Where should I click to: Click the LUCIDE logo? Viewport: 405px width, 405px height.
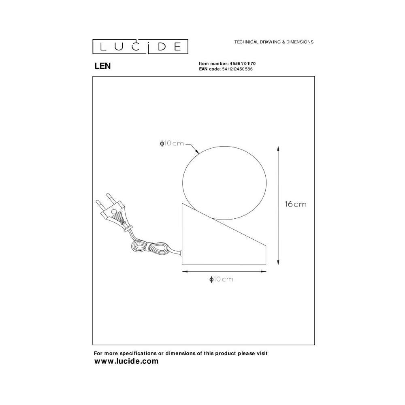click(140, 47)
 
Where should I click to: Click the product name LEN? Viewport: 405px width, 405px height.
click(102, 66)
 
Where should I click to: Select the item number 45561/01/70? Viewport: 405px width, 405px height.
click(243, 64)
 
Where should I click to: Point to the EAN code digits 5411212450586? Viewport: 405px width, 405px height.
click(237, 69)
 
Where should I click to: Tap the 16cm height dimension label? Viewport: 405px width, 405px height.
click(296, 204)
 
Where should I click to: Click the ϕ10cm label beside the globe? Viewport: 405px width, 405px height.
click(172, 143)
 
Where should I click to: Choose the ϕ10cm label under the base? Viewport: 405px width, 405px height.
click(222, 279)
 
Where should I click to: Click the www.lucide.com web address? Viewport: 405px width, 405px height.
click(126, 361)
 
